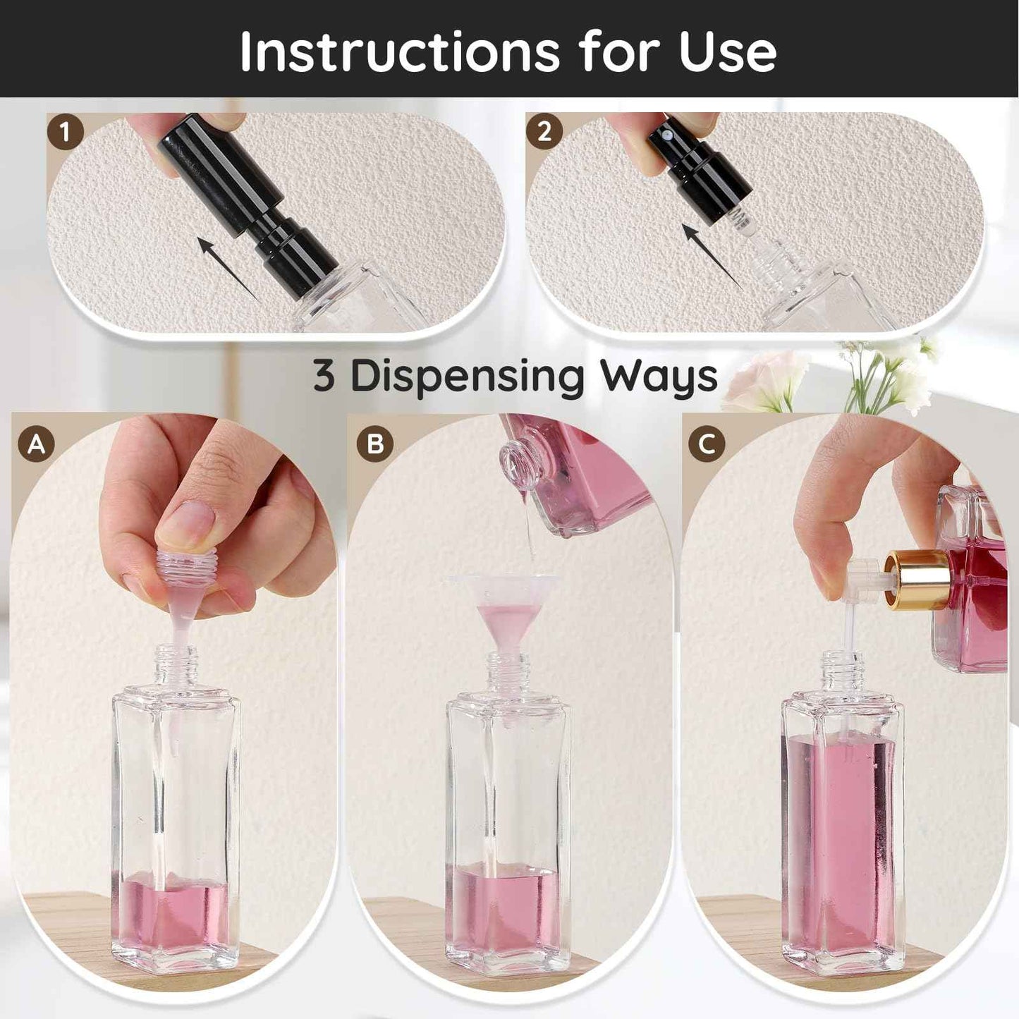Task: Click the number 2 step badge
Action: click(x=544, y=131)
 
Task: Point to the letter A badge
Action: click(x=37, y=444)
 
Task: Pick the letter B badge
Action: click(x=374, y=445)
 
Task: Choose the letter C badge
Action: click(x=707, y=445)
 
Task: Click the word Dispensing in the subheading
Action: click(x=467, y=377)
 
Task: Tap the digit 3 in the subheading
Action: click(x=324, y=376)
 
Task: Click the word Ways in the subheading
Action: click(x=659, y=377)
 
